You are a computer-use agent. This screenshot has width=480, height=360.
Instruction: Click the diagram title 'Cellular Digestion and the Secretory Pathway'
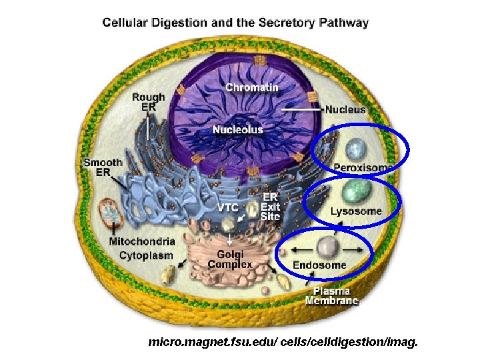click(x=235, y=23)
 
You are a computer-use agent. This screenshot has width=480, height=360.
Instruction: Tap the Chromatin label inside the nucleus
click(x=252, y=88)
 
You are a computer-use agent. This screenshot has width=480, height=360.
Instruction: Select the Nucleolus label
click(x=238, y=129)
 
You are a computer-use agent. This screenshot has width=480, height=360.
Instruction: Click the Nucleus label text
click(x=345, y=109)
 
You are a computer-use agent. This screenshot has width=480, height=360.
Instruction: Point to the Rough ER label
click(x=148, y=102)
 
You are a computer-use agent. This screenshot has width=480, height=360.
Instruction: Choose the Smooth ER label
click(x=103, y=167)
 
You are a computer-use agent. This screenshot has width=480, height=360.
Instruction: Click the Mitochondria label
click(x=143, y=241)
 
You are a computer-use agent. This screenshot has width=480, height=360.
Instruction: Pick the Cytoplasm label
click(x=146, y=255)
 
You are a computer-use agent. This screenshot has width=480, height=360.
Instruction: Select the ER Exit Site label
click(x=271, y=206)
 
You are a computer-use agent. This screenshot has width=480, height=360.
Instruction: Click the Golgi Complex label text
click(x=230, y=259)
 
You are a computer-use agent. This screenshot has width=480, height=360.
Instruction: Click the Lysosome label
click(x=356, y=211)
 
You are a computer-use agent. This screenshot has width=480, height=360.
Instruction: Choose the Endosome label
click(x=320, y=265)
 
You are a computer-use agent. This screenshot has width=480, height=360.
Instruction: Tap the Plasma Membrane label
click(x=331, y=296)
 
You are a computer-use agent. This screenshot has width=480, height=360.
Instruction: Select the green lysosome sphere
click(x=357, y=191)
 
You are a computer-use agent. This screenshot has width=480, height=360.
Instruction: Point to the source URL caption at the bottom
click(x=283, y=343)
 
